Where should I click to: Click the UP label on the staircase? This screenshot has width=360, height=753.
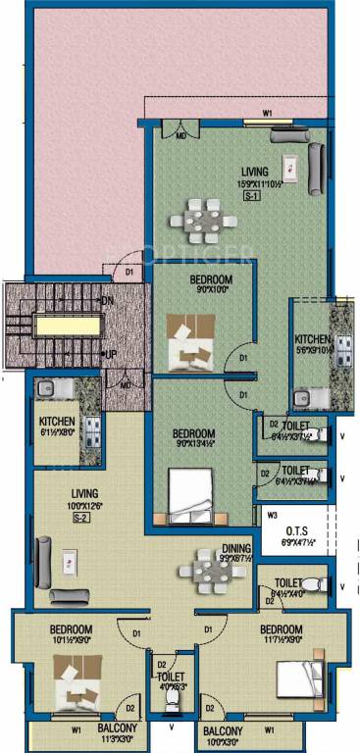pyautogui.click(x=110, y=353)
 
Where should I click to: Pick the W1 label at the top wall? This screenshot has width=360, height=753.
pyautogui.click(x=268, y=114)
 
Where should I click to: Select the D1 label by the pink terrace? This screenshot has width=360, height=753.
pyautogui.click(x=129, y=272)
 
